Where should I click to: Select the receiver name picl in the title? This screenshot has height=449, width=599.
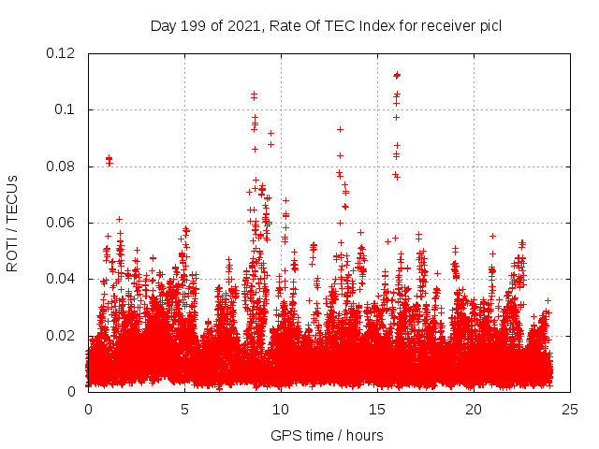coord(489,26)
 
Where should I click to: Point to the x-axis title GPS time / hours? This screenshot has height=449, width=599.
coord(327,435)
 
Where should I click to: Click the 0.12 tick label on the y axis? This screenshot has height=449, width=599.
coord(61,53)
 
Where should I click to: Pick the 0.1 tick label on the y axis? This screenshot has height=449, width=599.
coord(65,109)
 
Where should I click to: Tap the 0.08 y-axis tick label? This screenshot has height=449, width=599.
coord(61,167)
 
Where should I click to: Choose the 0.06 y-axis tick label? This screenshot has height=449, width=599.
coord(61,223)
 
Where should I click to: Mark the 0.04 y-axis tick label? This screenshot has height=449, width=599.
coord(61,279)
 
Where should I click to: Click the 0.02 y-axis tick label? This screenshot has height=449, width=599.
coord(61,336)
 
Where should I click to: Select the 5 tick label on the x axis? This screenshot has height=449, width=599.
coord(184,409)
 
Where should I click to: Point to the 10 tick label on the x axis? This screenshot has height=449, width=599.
coord(281,409)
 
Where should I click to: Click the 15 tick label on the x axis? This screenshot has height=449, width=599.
coord(377,409)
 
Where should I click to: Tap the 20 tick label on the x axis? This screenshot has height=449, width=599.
coord(474,409)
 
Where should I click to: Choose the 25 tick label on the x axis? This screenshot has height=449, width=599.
coord(570,409)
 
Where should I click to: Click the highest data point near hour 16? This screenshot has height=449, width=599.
coord(397,75)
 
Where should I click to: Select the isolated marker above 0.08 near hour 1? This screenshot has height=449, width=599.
coord(109,158)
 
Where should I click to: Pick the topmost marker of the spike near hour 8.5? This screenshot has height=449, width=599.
coord(254,94)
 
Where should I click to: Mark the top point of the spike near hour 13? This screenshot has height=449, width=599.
coord(340,129)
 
